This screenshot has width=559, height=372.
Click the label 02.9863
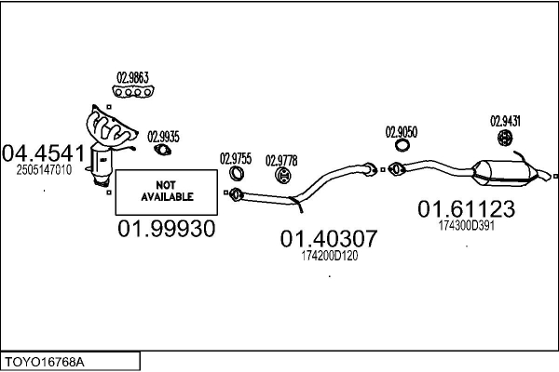[x=132, y=78]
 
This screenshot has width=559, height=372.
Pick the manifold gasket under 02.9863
[x=132, y=91]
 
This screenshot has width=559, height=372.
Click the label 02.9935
[x=163, y=137]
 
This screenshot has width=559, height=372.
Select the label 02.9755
[x=235, y=158]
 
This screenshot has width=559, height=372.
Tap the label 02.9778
[x=281, y=158]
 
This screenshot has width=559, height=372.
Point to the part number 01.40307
[x=329, y=239]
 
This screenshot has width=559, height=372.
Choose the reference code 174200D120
[x=329, y=255]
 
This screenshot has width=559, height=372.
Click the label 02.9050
[x=402, y=132]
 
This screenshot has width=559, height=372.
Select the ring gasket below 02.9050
[x=402, y=145]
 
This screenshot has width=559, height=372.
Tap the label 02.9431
[x=506, y=120]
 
